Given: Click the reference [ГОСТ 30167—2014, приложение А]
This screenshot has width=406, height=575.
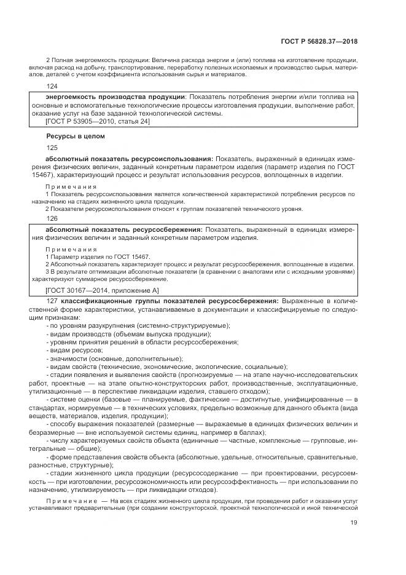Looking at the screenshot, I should (x=102, y=290).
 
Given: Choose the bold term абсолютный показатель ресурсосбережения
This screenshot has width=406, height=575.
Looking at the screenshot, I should (x=124, y=229).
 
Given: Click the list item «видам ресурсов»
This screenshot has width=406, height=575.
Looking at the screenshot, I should (x=71, y=349).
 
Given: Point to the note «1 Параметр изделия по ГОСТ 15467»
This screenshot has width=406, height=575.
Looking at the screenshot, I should (x=98, y=256).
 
